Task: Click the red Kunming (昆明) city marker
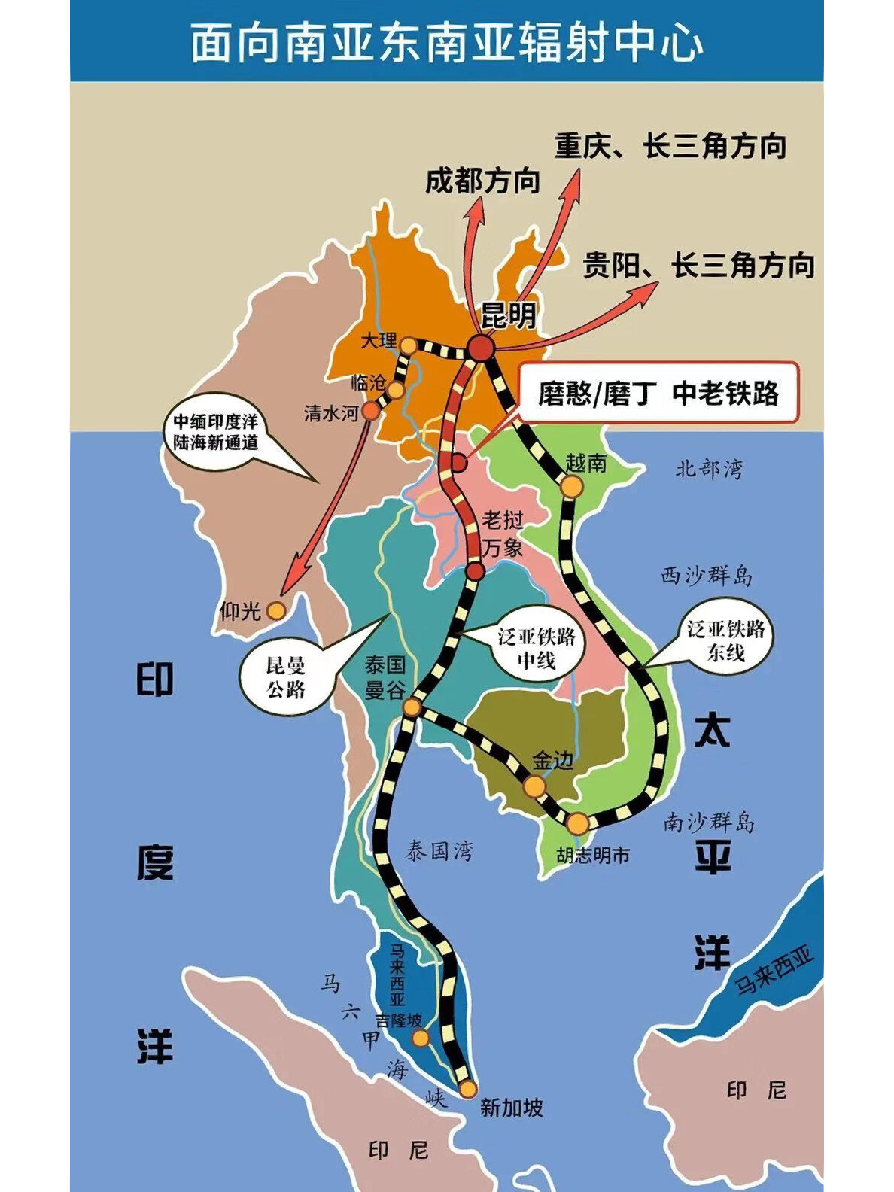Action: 481,348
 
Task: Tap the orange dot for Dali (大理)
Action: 408,345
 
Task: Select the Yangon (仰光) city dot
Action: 276,610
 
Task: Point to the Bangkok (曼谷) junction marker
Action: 412,707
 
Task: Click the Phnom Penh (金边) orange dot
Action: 534,786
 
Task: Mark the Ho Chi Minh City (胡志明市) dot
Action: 577,823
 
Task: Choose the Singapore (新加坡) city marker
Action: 468,1088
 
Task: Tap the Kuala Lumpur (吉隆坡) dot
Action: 421,1038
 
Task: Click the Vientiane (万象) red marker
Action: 474,571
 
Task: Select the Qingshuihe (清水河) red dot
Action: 370,410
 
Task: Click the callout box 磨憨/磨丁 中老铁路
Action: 659,393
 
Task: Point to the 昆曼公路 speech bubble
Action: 286,676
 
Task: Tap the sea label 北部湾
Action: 709,469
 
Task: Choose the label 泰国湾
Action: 439,851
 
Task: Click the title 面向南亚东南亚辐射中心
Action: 446,43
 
